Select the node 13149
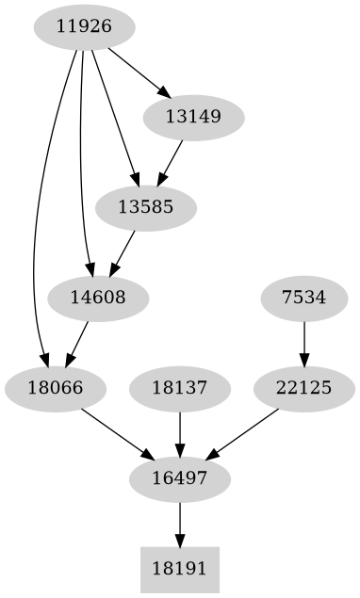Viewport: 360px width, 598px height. click(194, 119)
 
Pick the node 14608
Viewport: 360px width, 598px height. click(98, 299)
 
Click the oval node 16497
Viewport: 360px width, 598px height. click(179, 479)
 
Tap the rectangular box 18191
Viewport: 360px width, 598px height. click(179, 570)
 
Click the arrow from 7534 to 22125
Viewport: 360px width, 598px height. click(303, 344)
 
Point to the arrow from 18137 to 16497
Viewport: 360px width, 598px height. click(179, 434)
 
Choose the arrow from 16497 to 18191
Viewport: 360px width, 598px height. click(179, 525)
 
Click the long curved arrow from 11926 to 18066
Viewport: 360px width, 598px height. click(36, 235)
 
